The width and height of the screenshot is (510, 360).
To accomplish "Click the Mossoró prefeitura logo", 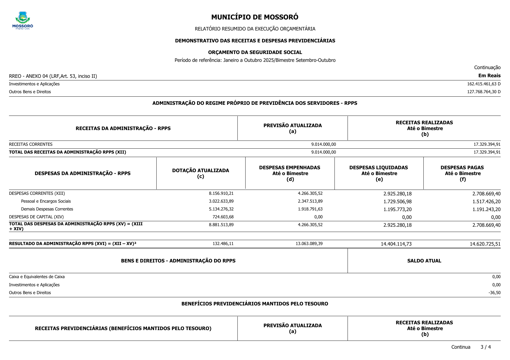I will (23, 20).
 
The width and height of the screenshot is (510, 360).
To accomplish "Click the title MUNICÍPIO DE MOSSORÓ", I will (255, 17).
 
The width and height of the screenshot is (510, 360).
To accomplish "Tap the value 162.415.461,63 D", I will (484, 84).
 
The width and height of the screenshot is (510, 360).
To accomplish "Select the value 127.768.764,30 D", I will (484, 92).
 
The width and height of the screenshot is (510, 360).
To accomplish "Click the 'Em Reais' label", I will (489, 76).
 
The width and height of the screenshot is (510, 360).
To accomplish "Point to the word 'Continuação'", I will (487, 67).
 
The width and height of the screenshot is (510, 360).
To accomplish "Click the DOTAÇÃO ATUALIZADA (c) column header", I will (201, 173).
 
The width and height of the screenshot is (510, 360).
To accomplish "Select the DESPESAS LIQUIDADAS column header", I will (378, 173).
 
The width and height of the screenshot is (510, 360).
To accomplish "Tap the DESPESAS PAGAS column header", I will (462, 173).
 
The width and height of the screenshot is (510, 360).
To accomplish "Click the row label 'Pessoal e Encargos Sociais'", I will (46, 201).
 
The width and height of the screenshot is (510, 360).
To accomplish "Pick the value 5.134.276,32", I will (221, 209).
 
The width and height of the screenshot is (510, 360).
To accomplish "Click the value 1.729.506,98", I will (397, 201).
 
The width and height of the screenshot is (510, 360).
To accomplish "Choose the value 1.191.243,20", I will (486, 209).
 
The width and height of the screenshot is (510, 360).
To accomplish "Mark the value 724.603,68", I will (223, 217).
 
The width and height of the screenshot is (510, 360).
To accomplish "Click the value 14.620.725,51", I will (485, 244).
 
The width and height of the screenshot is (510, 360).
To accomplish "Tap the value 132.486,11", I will (223, 244).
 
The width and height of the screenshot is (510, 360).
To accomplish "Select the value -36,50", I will (494, 293).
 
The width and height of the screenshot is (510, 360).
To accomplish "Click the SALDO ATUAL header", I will (424, 261).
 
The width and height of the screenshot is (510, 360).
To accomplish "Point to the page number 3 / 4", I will (486, 347).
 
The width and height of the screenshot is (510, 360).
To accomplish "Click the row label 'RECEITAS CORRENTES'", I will (31, 144).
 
